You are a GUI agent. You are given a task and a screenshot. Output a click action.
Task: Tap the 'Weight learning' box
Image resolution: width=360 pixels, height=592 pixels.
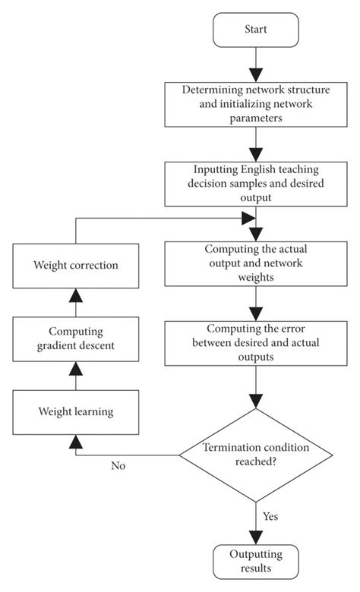coord(74,412)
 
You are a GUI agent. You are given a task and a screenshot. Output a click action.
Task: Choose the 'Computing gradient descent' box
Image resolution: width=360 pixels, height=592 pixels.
coord(74,338)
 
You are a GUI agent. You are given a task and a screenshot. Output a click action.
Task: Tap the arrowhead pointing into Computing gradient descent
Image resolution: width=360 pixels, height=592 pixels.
coord(74,368)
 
